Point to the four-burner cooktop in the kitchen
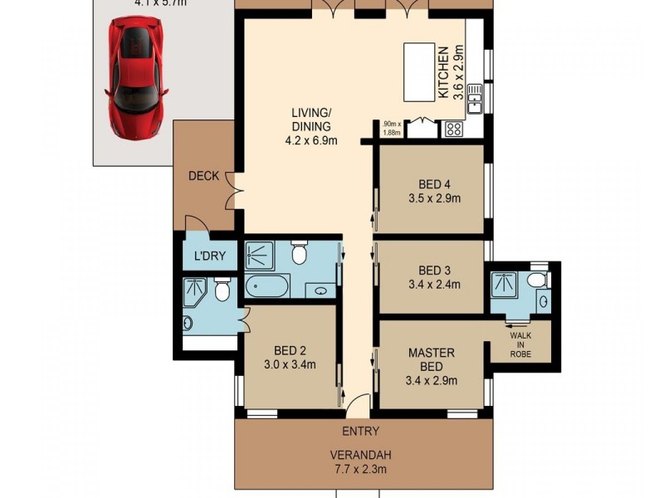(454, 129)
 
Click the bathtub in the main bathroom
(267, 289)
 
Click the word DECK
(203, 175)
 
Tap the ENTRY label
(360, 431)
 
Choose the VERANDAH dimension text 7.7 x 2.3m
(360, 470)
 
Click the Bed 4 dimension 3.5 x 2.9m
(434, 198)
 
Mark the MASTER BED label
(431, 359)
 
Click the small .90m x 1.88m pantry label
(390, 129)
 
